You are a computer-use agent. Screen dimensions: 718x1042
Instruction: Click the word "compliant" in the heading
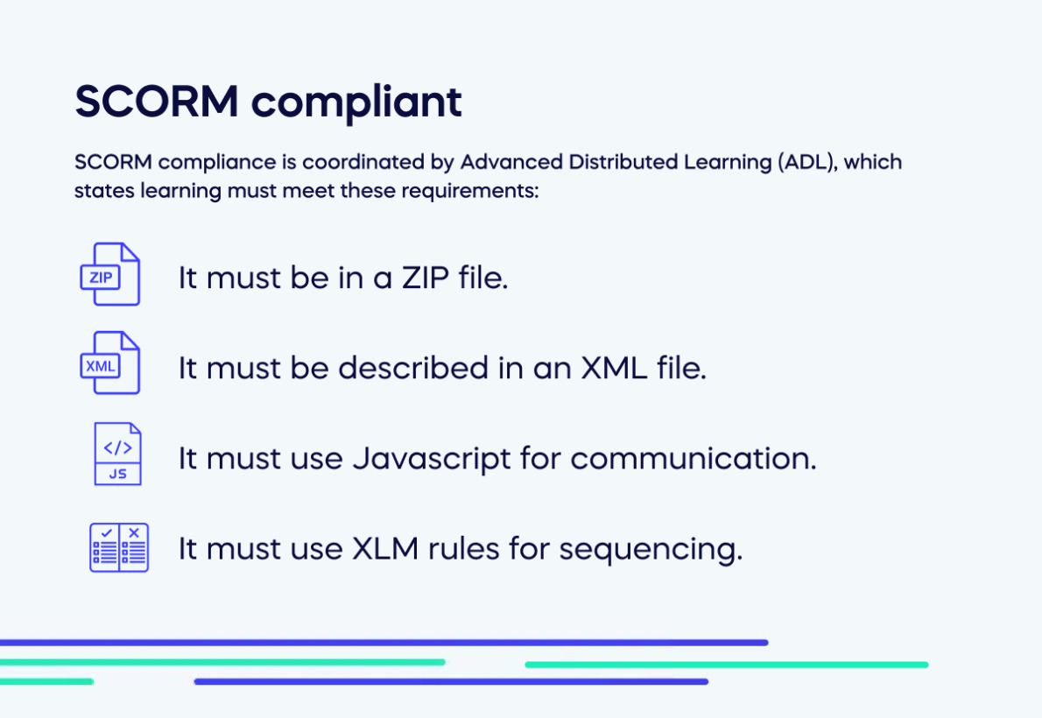(356, 103)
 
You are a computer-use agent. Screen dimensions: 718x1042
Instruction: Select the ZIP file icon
(109, 275)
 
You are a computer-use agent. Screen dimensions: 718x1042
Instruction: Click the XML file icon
(109, 363)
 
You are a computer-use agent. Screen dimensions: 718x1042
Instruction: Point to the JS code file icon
(117, 454)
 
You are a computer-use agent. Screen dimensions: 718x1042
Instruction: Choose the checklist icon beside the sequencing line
(119, 547)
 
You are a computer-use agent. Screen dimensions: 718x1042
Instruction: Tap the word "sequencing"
(651, 549)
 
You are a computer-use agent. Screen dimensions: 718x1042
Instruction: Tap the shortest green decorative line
(46, 680)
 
